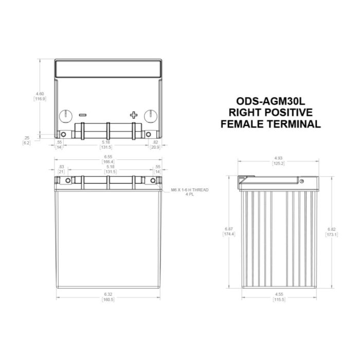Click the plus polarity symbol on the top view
pyautogui.click(x=134, y=115)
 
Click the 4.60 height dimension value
pyautogui.click(x=40, y=93)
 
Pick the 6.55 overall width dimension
pyautogui.click(x=108, y=156)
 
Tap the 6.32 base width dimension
pyautogui.click(x=108, y=295)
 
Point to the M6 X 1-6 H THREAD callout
pyautogui.click(x=190, y=190)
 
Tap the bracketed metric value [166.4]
pyautogui.click(x=108, y=161)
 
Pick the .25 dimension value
pyautogui.click(x=27, y=137)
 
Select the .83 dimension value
pyautogui.click(x=62, y=167)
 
